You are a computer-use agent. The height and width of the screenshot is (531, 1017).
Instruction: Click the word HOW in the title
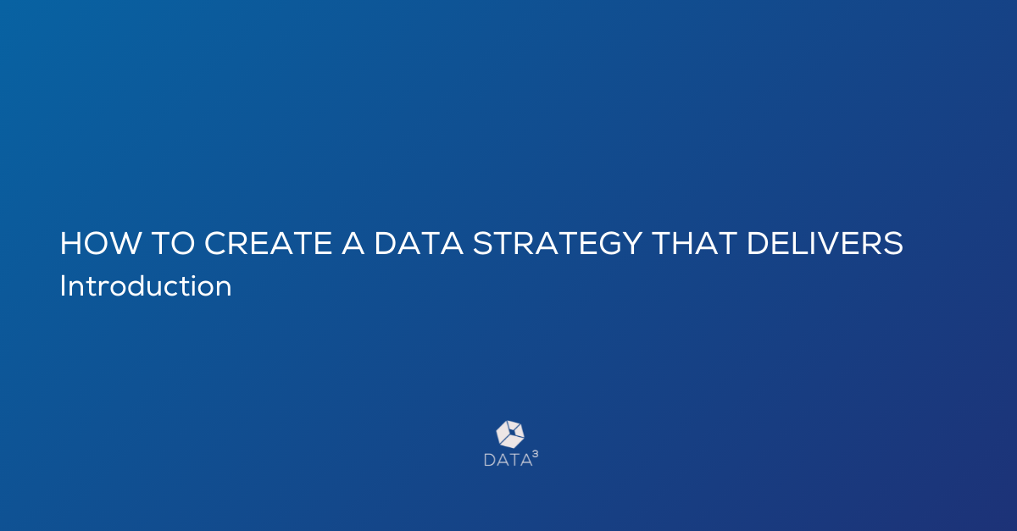(x=101, y=243)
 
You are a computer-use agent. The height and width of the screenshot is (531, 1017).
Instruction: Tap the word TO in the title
(x=173, y=243)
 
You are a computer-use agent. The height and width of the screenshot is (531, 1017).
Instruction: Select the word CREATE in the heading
(x=269, y=243)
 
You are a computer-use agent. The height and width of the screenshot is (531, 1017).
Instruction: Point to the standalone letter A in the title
(x=353, y=243)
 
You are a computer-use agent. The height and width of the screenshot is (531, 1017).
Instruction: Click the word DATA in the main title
(x=419, y=243)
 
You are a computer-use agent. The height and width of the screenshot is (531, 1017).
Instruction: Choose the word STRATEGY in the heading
(x=558, y=243)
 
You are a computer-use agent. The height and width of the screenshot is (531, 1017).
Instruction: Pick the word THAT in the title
(x=694, y=243)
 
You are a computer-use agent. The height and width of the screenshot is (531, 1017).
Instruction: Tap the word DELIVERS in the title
(x=825, y=243)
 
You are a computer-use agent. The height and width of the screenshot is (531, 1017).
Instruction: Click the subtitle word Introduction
(x=146, y=286)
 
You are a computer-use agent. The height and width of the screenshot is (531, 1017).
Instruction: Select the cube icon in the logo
(x=510, y=434)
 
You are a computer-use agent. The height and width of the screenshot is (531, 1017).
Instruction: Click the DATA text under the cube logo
(x=508, y=460)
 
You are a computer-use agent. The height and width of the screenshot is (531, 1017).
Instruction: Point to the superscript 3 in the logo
(x=536, y=454)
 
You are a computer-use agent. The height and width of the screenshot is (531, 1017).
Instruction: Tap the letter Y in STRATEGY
(x=631, y=243)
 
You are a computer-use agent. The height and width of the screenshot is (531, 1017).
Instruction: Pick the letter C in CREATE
(x=215, y=243)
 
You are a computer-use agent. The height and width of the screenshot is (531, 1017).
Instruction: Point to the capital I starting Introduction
(x=62, y=286)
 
